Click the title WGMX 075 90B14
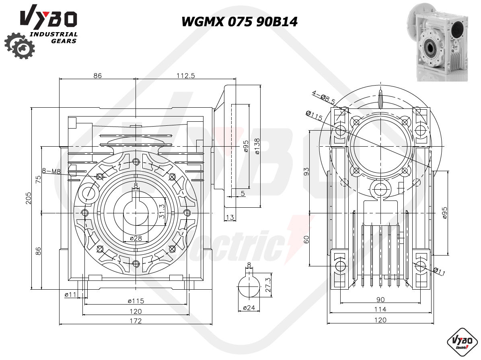click(x=240, y=22)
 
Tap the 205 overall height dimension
click(x=29, y=198)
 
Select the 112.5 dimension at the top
click(x=185, y=76)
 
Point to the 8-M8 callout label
click(x=51, y=171)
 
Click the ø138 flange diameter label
click(x=257, y=146)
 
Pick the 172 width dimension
click(x=136, y=321)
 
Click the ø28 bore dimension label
click(x=136, y=238)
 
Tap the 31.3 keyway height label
click(x=162, y=211)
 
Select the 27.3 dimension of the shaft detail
click(x=268, y=285)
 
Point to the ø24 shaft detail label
click(x=249, y=308)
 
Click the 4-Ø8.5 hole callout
click(x=324, y=96)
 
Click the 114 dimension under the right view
click(x=380, y=309)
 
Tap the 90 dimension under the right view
click(x=380, y=299)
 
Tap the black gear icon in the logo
click(x=20, y=46)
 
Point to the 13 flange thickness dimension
click(x=230, y=217)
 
